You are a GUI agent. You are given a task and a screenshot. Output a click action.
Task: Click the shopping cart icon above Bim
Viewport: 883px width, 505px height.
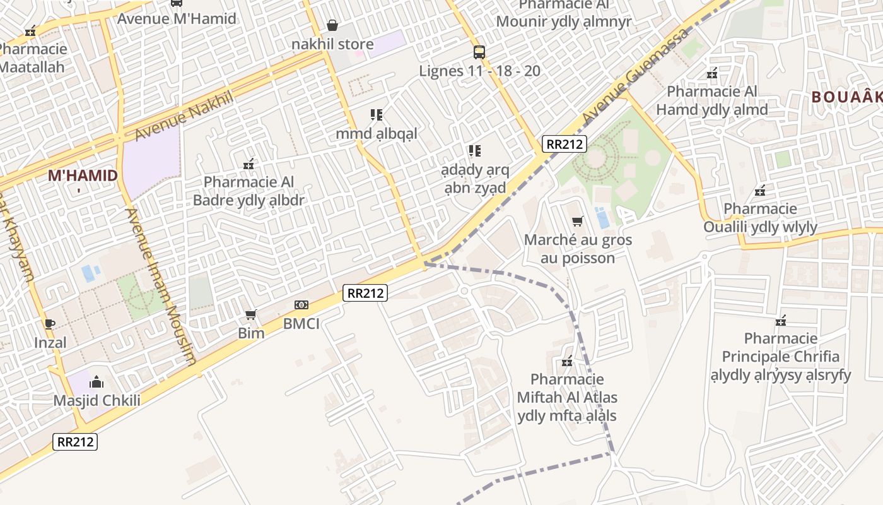251,314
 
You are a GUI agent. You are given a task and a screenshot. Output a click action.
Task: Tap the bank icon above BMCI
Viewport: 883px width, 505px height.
301,305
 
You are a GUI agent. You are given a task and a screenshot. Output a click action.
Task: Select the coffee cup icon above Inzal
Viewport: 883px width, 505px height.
50,324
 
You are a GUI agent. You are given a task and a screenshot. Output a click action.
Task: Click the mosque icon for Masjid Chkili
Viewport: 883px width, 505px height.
96,382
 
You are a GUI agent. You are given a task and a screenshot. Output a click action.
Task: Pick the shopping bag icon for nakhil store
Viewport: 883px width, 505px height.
332,25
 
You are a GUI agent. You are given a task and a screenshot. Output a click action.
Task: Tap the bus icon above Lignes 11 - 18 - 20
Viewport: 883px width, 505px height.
479,52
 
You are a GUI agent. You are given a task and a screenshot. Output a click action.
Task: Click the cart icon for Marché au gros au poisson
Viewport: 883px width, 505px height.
577,221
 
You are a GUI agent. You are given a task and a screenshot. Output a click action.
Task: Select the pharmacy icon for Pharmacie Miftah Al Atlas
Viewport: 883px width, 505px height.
567,361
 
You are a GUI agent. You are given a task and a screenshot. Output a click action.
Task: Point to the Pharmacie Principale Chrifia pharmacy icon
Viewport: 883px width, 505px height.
781,321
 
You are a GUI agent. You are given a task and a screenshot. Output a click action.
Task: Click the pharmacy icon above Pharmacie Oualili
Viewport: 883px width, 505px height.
761,190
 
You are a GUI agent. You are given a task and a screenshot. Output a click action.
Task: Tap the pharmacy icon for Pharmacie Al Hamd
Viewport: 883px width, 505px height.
712,73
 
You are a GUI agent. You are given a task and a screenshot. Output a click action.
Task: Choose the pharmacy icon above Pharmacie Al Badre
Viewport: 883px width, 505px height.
249,164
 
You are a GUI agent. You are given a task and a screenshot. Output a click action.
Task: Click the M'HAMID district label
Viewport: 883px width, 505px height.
83,175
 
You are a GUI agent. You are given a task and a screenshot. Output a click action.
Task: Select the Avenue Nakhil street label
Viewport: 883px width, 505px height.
184,116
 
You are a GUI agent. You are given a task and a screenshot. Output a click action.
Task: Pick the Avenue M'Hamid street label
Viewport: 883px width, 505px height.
177,18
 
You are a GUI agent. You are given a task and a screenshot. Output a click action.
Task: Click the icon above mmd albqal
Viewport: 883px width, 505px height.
377,115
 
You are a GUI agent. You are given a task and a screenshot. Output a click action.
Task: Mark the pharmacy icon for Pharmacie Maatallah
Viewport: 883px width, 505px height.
30,30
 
